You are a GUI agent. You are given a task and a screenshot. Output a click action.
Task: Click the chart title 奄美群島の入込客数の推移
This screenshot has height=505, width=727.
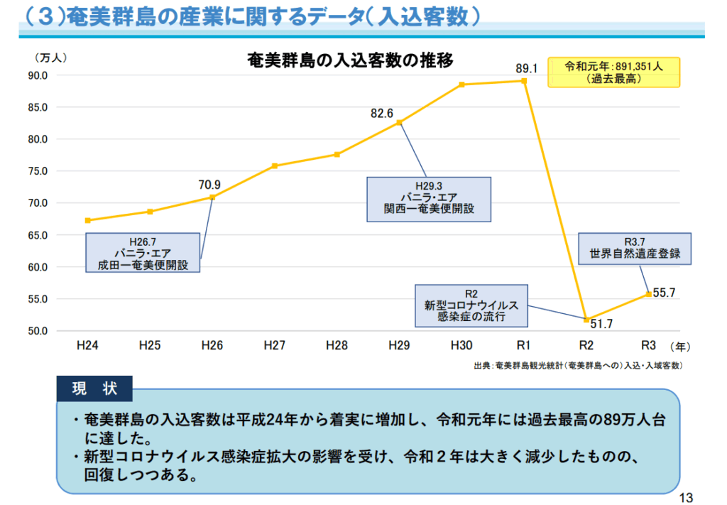349,60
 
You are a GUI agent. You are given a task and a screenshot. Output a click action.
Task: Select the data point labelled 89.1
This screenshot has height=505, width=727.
524,81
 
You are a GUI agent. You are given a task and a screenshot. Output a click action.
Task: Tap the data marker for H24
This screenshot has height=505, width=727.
87,220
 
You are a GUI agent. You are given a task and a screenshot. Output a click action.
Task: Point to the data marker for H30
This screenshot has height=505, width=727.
461,85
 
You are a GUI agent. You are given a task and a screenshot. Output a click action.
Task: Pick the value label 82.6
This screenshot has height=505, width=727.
382,113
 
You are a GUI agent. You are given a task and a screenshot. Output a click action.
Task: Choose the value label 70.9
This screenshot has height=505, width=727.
209,185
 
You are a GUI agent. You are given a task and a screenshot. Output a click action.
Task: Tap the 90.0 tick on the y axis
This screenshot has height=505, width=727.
38,75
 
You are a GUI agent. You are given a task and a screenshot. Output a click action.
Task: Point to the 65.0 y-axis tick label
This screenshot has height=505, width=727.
38,235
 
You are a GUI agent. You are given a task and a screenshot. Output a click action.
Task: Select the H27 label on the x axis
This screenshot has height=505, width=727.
274,346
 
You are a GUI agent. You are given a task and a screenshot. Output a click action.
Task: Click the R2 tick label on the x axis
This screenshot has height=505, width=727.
586,346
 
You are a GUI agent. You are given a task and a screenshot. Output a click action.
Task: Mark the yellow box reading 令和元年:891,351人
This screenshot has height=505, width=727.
613,72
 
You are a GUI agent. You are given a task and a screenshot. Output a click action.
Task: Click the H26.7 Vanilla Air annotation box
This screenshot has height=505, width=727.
143,253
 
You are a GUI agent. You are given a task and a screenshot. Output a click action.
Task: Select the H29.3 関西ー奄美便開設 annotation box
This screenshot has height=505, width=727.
428,198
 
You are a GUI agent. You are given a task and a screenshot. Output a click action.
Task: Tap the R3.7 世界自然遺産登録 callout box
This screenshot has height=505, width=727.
634,248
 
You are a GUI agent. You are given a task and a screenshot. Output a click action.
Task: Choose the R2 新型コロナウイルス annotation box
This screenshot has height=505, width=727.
471,305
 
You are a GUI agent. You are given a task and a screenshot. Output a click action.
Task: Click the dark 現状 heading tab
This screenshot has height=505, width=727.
94,389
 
